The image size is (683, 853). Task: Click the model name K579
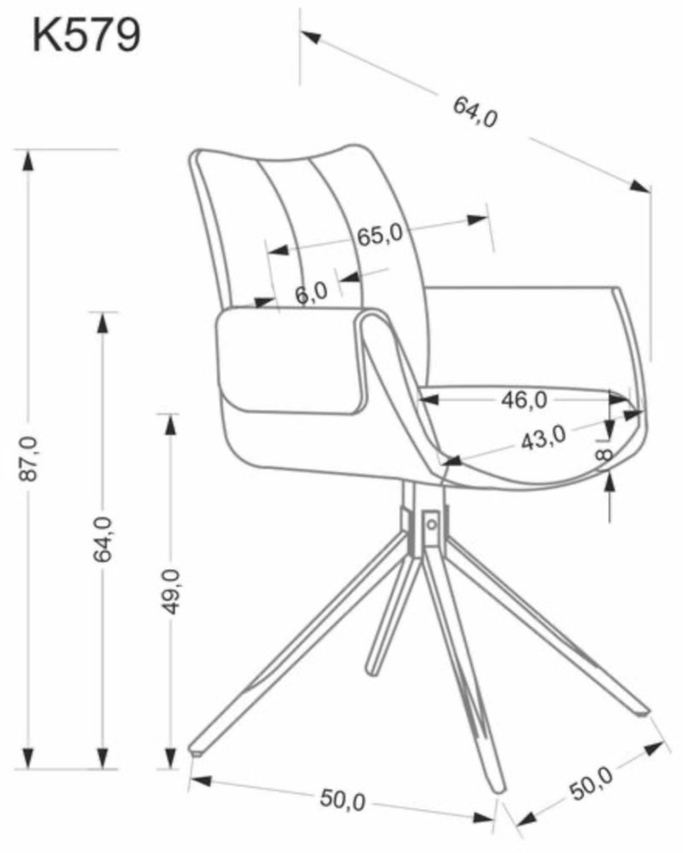tap(85, 36)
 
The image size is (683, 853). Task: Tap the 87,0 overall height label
tap(28, 461)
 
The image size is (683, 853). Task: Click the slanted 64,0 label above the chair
tap(476, 111)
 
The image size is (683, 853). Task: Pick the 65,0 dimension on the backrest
tap(379, 235)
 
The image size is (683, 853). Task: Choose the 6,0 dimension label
tap(312, 293)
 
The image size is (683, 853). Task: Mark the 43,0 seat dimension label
tap(543, 437)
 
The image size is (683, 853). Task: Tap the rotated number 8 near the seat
tap(604, 453)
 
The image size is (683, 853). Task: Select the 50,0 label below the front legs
tap(342, 799)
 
